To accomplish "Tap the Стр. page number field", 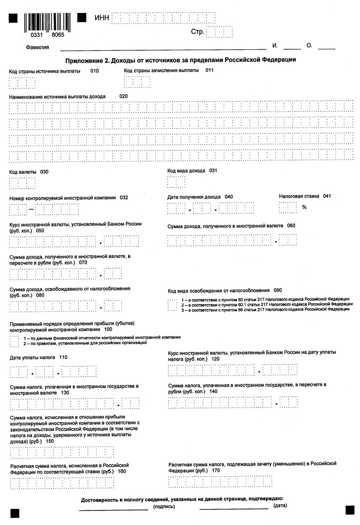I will pyautogui.click(x=219, y=32).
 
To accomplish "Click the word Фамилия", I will pyautogui.click(x=39, y=47).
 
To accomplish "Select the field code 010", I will pyautogui.click(x=94, y=71).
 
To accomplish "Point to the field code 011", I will pyautogui.click(x=210, y=70).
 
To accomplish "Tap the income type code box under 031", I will pyautogui.click(x=176, y=182).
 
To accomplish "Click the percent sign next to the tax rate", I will pyautogui.click(x=304, y=207).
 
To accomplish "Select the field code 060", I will pyautogui.click(x=291, y=226).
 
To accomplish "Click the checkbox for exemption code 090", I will pyautogui.click(x=172, y=305).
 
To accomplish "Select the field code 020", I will pyautogui.click(x=124, y=96).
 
